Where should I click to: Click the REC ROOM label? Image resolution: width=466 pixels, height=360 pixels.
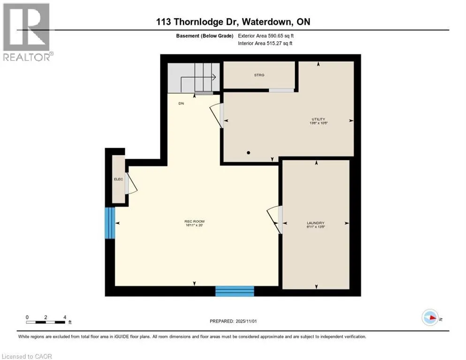pos(195,222)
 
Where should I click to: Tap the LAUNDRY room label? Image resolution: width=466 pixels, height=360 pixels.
pos(316,223)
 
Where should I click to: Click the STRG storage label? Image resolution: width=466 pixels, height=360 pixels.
pos(259,75)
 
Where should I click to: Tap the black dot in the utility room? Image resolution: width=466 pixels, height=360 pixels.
pos(248,152)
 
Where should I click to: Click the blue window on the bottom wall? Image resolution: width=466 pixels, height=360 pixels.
pos(234,291)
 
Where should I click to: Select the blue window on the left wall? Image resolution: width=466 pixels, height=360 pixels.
pos(110,223)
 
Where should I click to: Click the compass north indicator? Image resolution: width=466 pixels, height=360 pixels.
pos(430,317)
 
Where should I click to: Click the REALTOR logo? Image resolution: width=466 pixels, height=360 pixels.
pos(27,32)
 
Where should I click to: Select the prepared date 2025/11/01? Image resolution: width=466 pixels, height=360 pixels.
pos(233,321)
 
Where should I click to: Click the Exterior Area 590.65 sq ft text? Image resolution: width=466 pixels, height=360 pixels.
pos(266,36)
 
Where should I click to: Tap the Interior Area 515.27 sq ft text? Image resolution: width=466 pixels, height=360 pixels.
pos(266,44)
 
